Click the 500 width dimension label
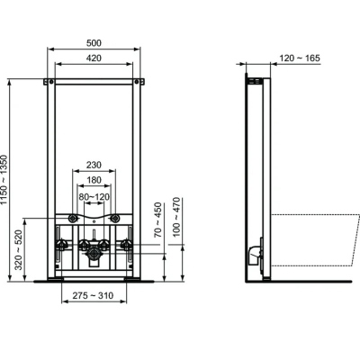94,43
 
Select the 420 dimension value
94,58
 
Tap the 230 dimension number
94,165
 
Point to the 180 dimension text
94,180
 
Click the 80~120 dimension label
94,197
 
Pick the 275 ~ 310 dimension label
93,296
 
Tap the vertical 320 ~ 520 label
19,250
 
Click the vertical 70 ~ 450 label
157,220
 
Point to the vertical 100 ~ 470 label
176,217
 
